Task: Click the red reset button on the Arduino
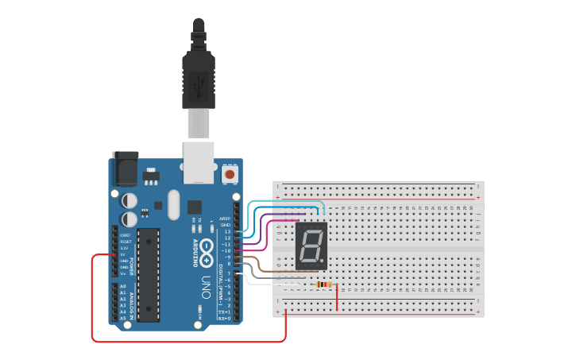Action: pos(230,173)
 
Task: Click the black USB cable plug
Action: pos(196,79)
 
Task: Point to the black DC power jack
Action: pos(125,168)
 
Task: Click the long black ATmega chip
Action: pos(148,274)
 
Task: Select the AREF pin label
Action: pos(225,218)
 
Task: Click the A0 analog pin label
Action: pos(122,285)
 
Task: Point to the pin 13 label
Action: pos(227,231)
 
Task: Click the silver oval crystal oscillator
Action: pos(175,204)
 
